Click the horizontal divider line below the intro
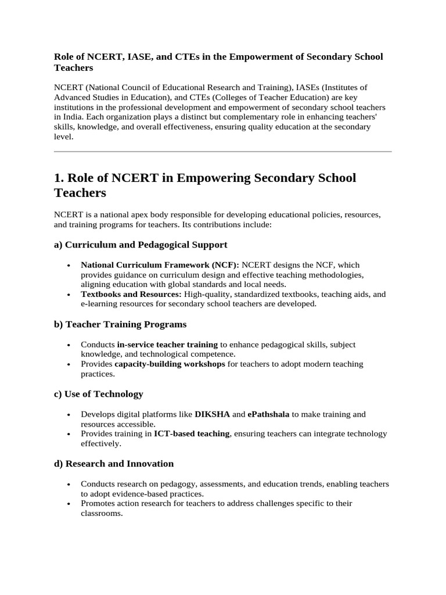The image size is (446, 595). (x=223, y=152)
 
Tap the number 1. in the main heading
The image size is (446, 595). (x=60, y=178)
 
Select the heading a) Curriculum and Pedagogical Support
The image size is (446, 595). (x=141, y=245)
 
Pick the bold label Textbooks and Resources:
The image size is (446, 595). (x=131, y=294)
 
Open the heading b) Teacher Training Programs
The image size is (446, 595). (x=120, y=324)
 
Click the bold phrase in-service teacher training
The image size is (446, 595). (x=167, y=345)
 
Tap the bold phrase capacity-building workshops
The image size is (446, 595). (x=170, y=364)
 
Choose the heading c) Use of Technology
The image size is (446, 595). (x=99, y=394)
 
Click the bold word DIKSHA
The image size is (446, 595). (x=212, y=414)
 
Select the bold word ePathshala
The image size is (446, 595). (x=268, y=414)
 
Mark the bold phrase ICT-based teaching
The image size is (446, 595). (x=192, y=434)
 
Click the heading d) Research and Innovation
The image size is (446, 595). (x=114, y=464)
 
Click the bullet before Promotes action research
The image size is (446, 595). (x=69, y=504)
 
